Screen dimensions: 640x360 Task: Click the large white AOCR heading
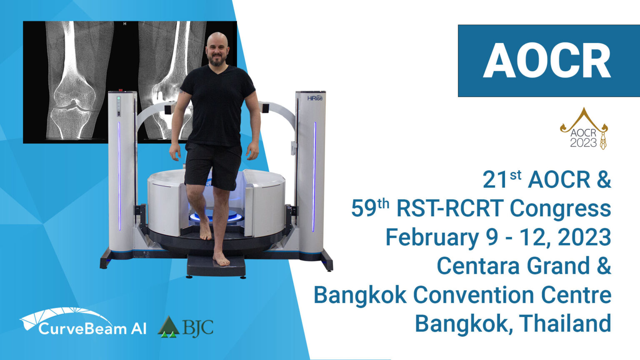(547, 60)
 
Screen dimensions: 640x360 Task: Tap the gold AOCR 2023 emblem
(584, 129)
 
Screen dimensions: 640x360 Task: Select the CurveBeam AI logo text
(92, 328)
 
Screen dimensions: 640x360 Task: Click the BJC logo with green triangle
(185, 327)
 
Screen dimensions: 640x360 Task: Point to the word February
(432, 237)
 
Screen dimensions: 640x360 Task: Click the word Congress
(560, 209)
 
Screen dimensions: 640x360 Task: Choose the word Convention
(473, 295)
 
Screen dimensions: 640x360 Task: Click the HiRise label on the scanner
(315, 98)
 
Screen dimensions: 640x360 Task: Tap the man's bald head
(217, 40)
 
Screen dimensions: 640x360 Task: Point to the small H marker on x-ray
(125, 24)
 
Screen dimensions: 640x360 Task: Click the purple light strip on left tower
(120, 176)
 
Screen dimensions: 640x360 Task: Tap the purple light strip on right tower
(314, 177)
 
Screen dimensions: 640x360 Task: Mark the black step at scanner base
(216, 266)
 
